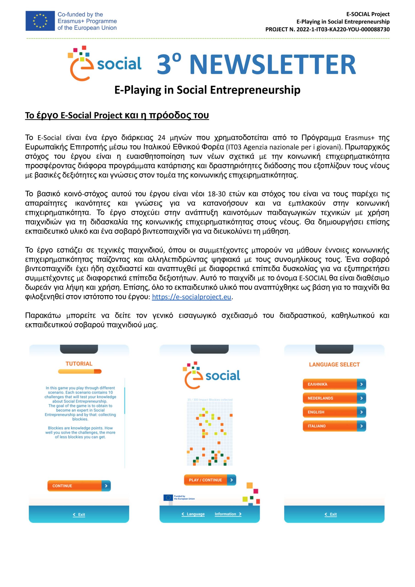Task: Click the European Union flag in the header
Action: click(x=40, y=21)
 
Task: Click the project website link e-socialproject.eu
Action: click(x=191, y=297)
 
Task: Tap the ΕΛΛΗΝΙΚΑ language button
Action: click(x=334, y=384)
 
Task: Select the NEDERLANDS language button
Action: click(x=334, y=398)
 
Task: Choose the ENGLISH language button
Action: click(x=334, y=412)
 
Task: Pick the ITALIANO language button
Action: click(x=334, y=426)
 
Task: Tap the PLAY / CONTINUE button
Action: click(x=209, y=480)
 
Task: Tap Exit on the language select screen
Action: click(x=331, y=514)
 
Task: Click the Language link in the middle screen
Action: click(x=193, y=514)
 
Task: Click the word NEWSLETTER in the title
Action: click(x=272, y=64)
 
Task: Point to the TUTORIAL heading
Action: click(x=79, y=364)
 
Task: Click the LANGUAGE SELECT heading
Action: click(x=334, y=365)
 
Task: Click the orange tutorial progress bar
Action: click(x=80, y=371)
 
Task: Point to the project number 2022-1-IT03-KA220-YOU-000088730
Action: click(x=343, y=29)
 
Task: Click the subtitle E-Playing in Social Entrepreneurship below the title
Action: click(x=207, y=90)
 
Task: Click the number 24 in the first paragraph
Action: click(x=162, y=138)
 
